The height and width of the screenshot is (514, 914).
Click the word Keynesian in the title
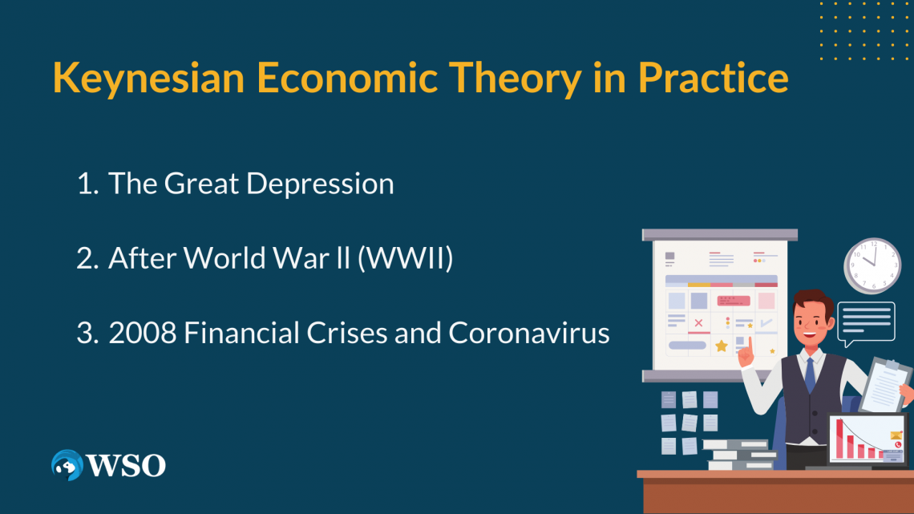click(x=148, y=78)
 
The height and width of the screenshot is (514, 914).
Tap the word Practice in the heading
click(x=714, y=78)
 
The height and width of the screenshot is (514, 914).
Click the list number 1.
click(x=87, y=184)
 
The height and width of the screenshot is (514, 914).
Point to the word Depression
click(x=320, y=184)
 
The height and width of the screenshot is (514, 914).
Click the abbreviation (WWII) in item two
click(x=406, y=258)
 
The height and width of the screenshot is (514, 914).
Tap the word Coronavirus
click(x=528, y=333)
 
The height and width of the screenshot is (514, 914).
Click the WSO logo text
click(x=126, y=466)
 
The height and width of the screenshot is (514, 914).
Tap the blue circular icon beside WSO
click(x=67, y=465)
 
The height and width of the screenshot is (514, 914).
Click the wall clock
click(x=872, y=265)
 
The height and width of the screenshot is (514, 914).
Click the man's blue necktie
click(x=811, y=374)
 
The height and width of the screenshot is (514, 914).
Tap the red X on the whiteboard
click(x=698, y=323)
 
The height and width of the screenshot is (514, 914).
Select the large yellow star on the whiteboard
click(x=722, y=346)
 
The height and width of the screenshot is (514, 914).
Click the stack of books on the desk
click(x=739, y=454)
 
